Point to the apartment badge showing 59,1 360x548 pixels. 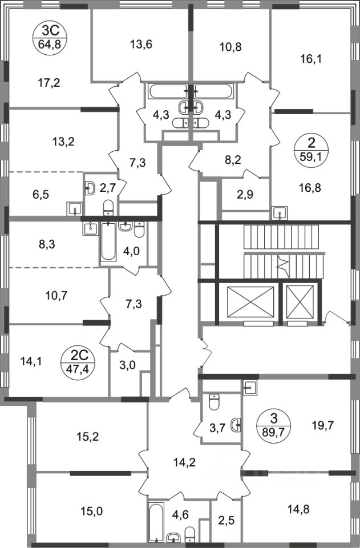(x=311, y=147)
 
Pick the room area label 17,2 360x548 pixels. (x=48, y=83)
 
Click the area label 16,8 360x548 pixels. (x=312, y=185)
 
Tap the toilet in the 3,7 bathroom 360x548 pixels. (x=215, y=402)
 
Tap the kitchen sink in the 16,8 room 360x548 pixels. (x=280, y=212)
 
